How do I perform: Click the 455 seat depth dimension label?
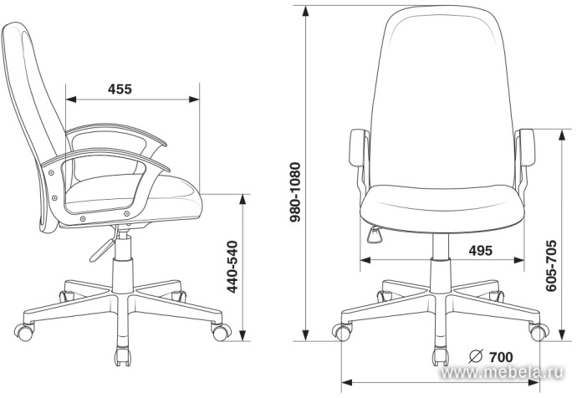pyautogui.click(x=120, y=89)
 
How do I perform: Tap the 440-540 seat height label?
pyautogui.click(x=232, y=267)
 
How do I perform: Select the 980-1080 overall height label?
pyautogui.click(x=295, y=192)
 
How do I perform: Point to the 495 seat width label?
pyautogui.click(x=480, y=251)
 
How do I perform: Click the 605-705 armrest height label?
pyautogui.click(x=551, y=266)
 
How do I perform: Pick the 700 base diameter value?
pyautogui.click(x=500, y=357)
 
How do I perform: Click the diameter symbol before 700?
pyautogui.click(x=476, y=356)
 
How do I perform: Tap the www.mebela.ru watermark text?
pyautogui.click(x=502, y=373)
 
